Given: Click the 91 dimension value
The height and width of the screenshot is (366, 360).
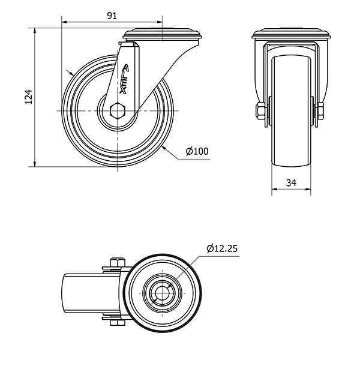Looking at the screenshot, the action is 112,16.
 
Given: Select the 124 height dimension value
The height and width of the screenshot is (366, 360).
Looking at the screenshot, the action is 29,97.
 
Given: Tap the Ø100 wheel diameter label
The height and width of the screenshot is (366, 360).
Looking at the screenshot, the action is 197,151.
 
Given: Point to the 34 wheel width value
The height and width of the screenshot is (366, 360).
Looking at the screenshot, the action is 291,183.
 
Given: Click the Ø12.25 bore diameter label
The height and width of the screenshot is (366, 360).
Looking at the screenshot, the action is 222,248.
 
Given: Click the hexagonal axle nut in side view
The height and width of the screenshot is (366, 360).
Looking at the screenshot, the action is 118,110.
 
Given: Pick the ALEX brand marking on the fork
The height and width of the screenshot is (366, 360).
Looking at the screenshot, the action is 124,79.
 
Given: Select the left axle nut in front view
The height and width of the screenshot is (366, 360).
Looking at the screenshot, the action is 260,111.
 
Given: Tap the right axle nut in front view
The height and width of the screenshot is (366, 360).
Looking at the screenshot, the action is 320,111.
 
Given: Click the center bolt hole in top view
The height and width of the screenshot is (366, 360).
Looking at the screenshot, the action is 162,293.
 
